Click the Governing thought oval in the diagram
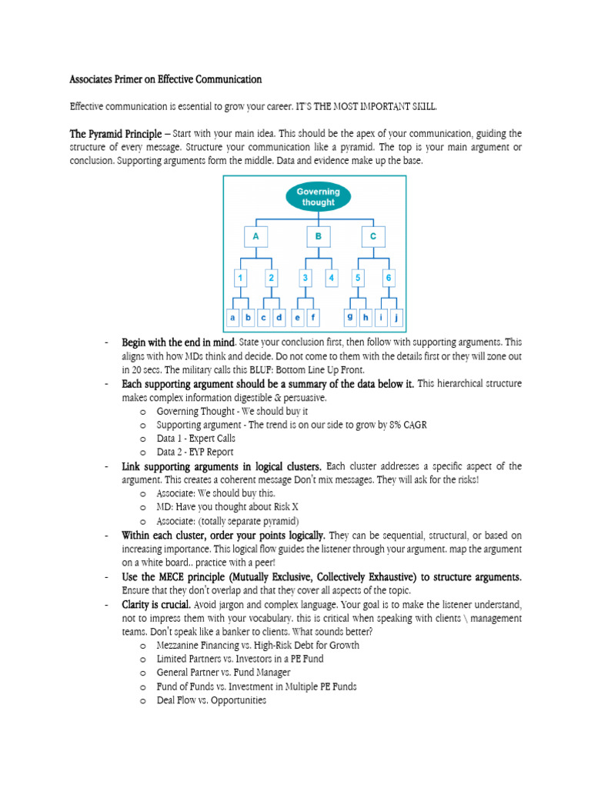point(319,197)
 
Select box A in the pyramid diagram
point(255,236)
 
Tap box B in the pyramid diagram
point(318,236)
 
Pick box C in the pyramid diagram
point(373,236)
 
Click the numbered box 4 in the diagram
point(331,277)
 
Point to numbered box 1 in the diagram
point(241,277)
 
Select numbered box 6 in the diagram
point(389,277)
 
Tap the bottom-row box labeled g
point(351,316)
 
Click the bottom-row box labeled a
point(232,317)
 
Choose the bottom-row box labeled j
point(396,317)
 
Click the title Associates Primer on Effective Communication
point(165,79)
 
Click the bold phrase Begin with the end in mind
point(178,342)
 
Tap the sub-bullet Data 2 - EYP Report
point(195,452)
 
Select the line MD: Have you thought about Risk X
point(215,507)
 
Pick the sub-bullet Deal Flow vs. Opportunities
point(211,700)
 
